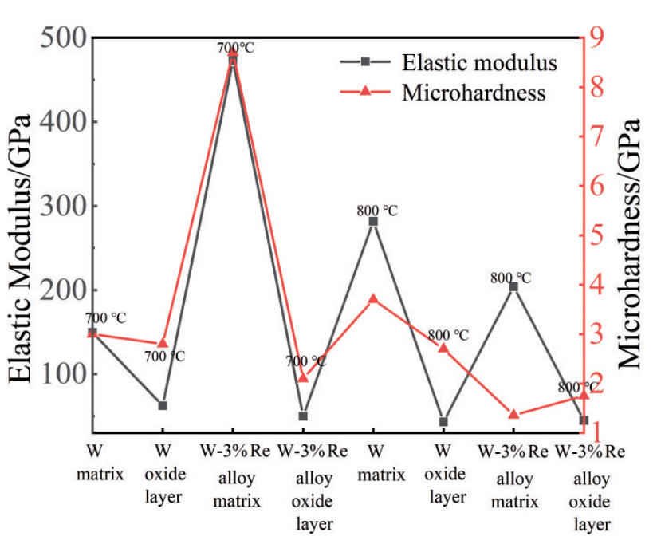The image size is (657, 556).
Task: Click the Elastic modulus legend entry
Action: (479, 62)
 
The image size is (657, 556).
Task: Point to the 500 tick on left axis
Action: (57, 37)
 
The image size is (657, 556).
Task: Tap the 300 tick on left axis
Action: (57, 206)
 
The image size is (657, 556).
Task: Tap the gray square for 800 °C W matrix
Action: (373, 222)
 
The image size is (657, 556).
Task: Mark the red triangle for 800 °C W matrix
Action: (373, 298)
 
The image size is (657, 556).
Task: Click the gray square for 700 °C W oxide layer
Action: (163, 405)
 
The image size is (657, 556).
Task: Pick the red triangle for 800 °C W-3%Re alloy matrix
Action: (513, 414)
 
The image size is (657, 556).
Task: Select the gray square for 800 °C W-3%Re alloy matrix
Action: (513, 286)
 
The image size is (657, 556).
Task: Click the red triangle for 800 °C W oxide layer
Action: (443, 348)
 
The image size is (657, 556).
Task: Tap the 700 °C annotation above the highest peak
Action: (235, 48)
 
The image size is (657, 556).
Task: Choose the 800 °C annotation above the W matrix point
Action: (376, 211)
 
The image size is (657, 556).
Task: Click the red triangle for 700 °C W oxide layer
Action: (163, 343)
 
